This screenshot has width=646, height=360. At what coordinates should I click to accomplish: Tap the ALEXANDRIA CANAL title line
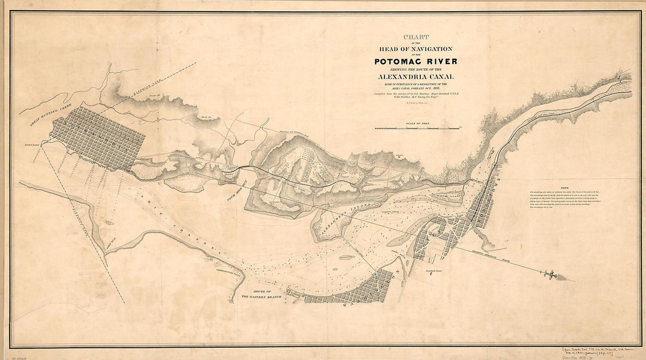pos(416,76)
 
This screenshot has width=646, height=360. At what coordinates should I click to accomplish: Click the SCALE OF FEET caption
pos(418,123)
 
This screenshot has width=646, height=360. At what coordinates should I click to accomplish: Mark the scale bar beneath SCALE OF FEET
pos(418,127)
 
